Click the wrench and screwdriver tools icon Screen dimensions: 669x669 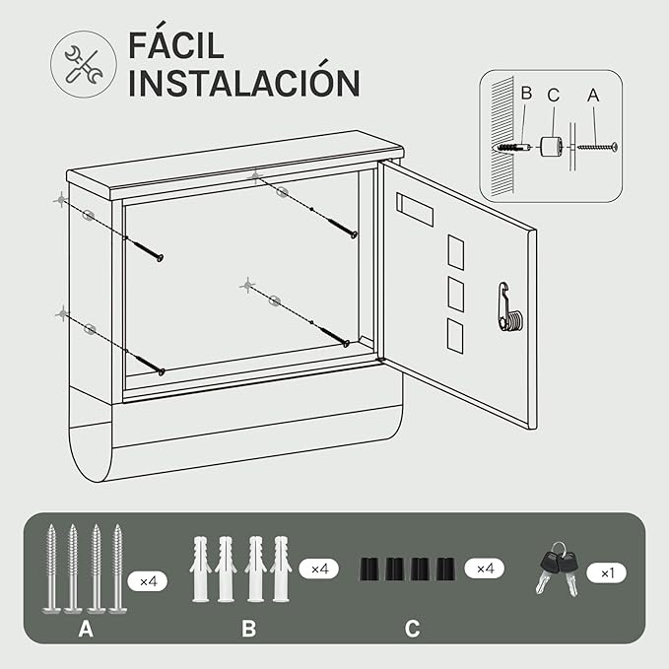(x=84, y=64)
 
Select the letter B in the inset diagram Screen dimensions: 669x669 (x=526, y=94)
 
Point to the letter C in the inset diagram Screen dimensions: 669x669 (x=554, y=96)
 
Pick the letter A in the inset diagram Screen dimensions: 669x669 (x=593, y=96)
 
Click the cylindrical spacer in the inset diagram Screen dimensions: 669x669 (x=551, y=147)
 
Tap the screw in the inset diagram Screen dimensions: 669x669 (x=597, y=147)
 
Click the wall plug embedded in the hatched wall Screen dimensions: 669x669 (x=513, y=148)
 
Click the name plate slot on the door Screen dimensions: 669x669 (x=415, y=210)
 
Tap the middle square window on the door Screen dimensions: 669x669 (x=455, y=294)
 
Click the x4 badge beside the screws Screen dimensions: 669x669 (x=148, y=580)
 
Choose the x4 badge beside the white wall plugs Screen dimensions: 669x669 (x=319, y=569)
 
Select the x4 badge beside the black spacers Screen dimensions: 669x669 (x=485, y=569)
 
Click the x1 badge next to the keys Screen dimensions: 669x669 (x=607, y=573)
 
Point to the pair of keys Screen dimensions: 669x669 (x=558, y=569)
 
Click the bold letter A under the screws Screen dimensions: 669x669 (x=86, y=629)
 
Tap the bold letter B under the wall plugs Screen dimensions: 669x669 (x=248, y=629)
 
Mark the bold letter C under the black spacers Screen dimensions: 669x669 (x=412, y=629)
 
